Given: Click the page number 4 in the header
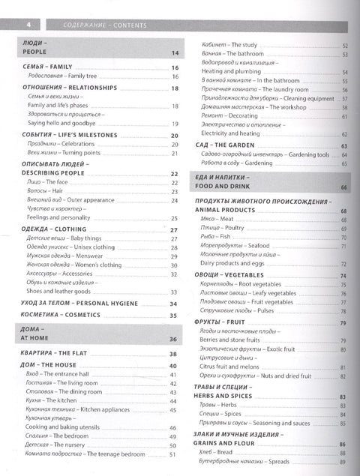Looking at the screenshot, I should coord(20,25).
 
